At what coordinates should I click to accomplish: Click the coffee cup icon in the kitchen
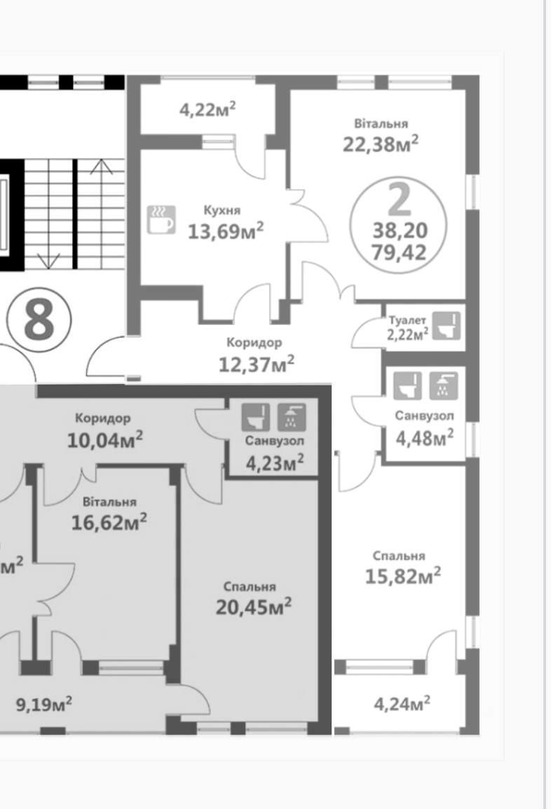coord(161,220)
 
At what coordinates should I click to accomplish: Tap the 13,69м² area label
coord(226,230)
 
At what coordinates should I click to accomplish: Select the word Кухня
coord(222,211)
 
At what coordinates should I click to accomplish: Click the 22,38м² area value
coord(381,144)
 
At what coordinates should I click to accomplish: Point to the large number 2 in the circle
coord(399,200)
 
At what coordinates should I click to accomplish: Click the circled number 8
coord(39,320)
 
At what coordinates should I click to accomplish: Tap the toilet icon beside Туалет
coord(446,326)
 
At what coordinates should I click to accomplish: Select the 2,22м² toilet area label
coord(408,334)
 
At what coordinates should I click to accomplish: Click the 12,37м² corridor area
coord(257,364)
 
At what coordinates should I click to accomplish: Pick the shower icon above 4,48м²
coord(444,386)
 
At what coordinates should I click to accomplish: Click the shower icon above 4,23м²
coord(292,417)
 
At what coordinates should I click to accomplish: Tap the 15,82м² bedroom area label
coord(403,576)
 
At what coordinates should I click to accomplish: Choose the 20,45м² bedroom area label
coord(254,607)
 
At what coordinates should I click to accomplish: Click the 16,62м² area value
coord(109,522)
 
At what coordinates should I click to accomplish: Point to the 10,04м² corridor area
coord(105,440)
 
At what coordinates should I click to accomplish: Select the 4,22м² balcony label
coord(208,109)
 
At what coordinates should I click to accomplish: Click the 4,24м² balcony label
coord(402,703)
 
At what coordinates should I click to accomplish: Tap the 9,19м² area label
coord(44,704)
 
